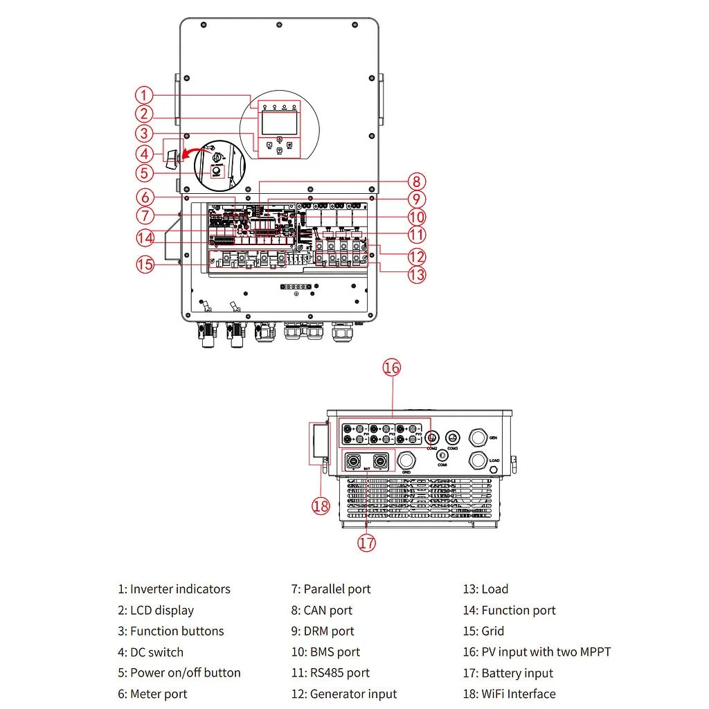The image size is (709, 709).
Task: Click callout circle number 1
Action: (x=143, y=96)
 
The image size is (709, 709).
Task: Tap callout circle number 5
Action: (x=143, y=173)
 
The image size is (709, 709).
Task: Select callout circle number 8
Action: (x=416, y=182)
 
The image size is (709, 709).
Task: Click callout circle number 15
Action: (x=145, y=264)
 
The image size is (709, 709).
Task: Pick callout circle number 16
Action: (x=392, y=367)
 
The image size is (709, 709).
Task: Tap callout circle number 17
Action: (x=367, y=543)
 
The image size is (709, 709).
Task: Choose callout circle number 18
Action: (x=321, y=506)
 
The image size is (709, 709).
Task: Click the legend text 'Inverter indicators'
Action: (x=180, y=589)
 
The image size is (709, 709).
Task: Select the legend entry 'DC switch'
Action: (x=156, y=652)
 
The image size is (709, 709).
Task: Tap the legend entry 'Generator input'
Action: (x=353, y=694)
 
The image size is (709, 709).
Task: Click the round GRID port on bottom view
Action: (x=406, y=460)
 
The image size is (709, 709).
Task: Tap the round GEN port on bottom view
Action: (x=478, y=438)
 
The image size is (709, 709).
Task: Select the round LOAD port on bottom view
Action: (x=478, y=460)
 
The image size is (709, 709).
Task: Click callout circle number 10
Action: (x=416, y=217)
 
